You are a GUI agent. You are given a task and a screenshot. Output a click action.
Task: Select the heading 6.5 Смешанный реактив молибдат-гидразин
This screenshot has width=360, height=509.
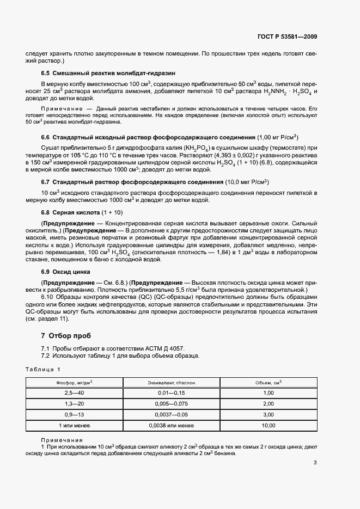(x=108, y=73)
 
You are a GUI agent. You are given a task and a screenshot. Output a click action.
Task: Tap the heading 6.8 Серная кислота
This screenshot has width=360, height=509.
(x=71, y=212)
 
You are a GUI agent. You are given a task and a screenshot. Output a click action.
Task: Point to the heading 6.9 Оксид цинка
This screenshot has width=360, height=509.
(x=66, y=271)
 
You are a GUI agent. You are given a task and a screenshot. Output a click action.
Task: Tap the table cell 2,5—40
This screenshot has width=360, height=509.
(x=75, y=393)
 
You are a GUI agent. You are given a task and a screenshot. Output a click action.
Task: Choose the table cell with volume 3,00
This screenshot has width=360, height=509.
(x=268, y=415)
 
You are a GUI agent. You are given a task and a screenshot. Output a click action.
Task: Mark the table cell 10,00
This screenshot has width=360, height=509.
(x=268, y=426)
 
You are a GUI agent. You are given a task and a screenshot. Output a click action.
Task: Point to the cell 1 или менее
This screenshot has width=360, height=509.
(x=75, y=426)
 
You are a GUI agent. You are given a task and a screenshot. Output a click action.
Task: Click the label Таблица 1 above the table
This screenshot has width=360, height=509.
(x=43, y=370)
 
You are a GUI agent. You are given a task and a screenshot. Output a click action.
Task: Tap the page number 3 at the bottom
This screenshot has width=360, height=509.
(x=315, y=463)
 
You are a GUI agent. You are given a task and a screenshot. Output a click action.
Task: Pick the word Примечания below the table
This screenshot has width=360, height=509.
(x=62, y=440)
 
